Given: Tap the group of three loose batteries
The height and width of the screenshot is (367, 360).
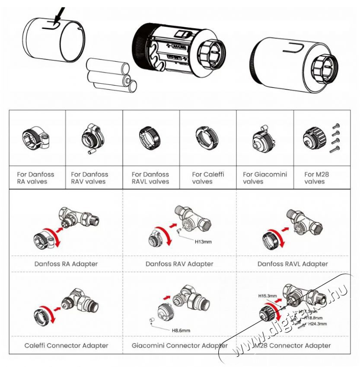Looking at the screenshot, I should click(111, 74).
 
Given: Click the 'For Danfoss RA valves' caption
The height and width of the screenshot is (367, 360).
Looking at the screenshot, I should click(35, 178).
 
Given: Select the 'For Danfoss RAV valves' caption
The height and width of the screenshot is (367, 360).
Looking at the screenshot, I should click(89, 178).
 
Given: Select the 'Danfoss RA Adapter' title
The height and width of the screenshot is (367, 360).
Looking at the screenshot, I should click(66, 263).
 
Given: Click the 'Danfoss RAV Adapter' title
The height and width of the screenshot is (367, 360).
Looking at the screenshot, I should click(179, 263).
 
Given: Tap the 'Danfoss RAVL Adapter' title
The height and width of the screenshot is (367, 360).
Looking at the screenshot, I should click(293, 263).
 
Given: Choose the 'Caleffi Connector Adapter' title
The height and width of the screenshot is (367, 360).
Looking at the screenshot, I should click(66, 345).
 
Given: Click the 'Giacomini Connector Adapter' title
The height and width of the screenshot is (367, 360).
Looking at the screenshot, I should click(179, 345).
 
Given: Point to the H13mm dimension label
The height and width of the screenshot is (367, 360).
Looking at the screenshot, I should click(203, 242).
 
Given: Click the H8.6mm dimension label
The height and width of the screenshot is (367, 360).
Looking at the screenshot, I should click(181, 331).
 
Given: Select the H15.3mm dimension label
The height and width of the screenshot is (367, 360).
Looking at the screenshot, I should click(267, 296).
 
